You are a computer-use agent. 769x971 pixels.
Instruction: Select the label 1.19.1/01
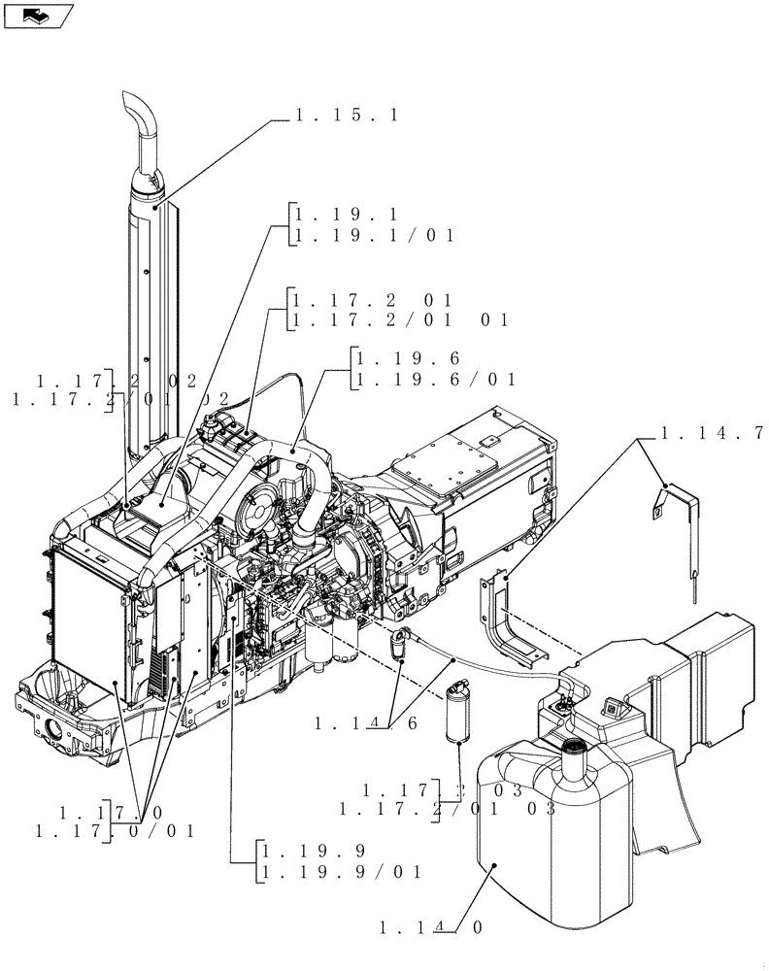(375, 236)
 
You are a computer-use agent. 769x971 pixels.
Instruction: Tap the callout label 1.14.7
(712, 433)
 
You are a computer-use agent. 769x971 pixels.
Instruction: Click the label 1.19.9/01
(340, 872)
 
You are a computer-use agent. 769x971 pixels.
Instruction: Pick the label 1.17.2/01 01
(400, 320)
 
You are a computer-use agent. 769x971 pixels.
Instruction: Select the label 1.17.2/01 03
(448, 808)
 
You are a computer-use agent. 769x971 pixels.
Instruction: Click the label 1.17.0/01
(116, 831)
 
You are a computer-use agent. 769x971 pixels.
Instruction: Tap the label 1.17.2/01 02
(120, 399)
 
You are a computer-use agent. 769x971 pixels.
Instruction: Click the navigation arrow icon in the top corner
(38, 16)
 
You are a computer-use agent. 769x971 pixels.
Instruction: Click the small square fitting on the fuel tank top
(611, 707)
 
